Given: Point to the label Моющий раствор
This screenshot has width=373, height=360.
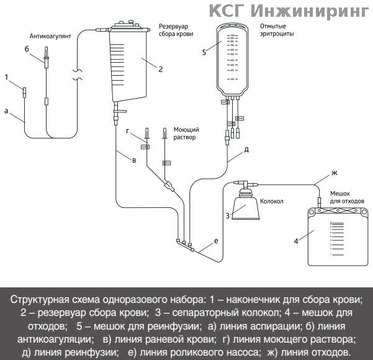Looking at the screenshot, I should (184, 134).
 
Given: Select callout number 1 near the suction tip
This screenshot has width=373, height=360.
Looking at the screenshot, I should (6, 78).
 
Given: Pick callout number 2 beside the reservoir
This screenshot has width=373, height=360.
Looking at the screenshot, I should (160, 69).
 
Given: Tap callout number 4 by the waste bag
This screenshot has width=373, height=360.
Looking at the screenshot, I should (297, 240).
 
